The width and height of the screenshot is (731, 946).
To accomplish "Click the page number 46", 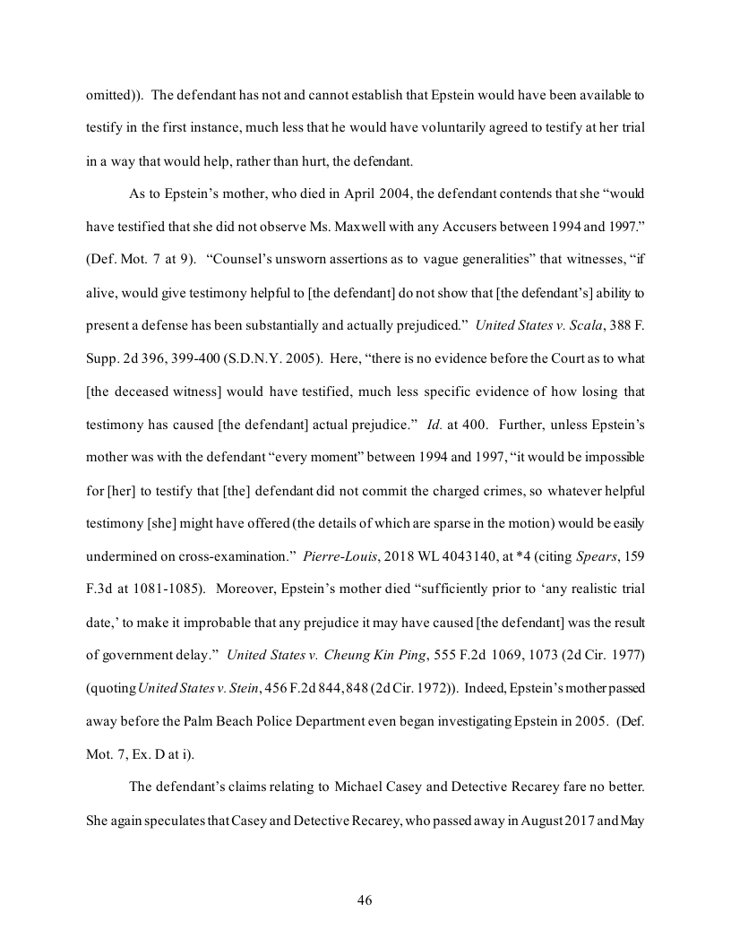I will click(365, 900).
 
